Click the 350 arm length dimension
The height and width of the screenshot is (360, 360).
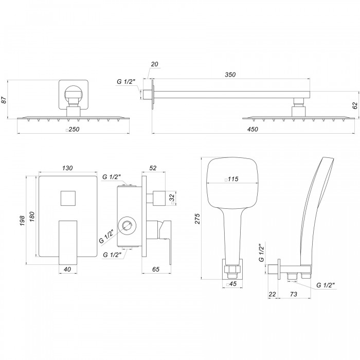point(230,75)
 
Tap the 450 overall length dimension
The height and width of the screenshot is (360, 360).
point(253,129)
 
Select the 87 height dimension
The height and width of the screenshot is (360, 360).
point(4,100)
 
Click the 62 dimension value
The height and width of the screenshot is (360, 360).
point(355,105)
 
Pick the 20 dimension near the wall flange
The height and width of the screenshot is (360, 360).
point(154,64)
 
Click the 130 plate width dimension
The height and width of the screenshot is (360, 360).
point(67,168)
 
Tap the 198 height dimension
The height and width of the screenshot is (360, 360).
point(22,221)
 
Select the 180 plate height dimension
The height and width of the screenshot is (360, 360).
point(32,217)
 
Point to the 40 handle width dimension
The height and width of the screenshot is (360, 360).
point(67,269)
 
